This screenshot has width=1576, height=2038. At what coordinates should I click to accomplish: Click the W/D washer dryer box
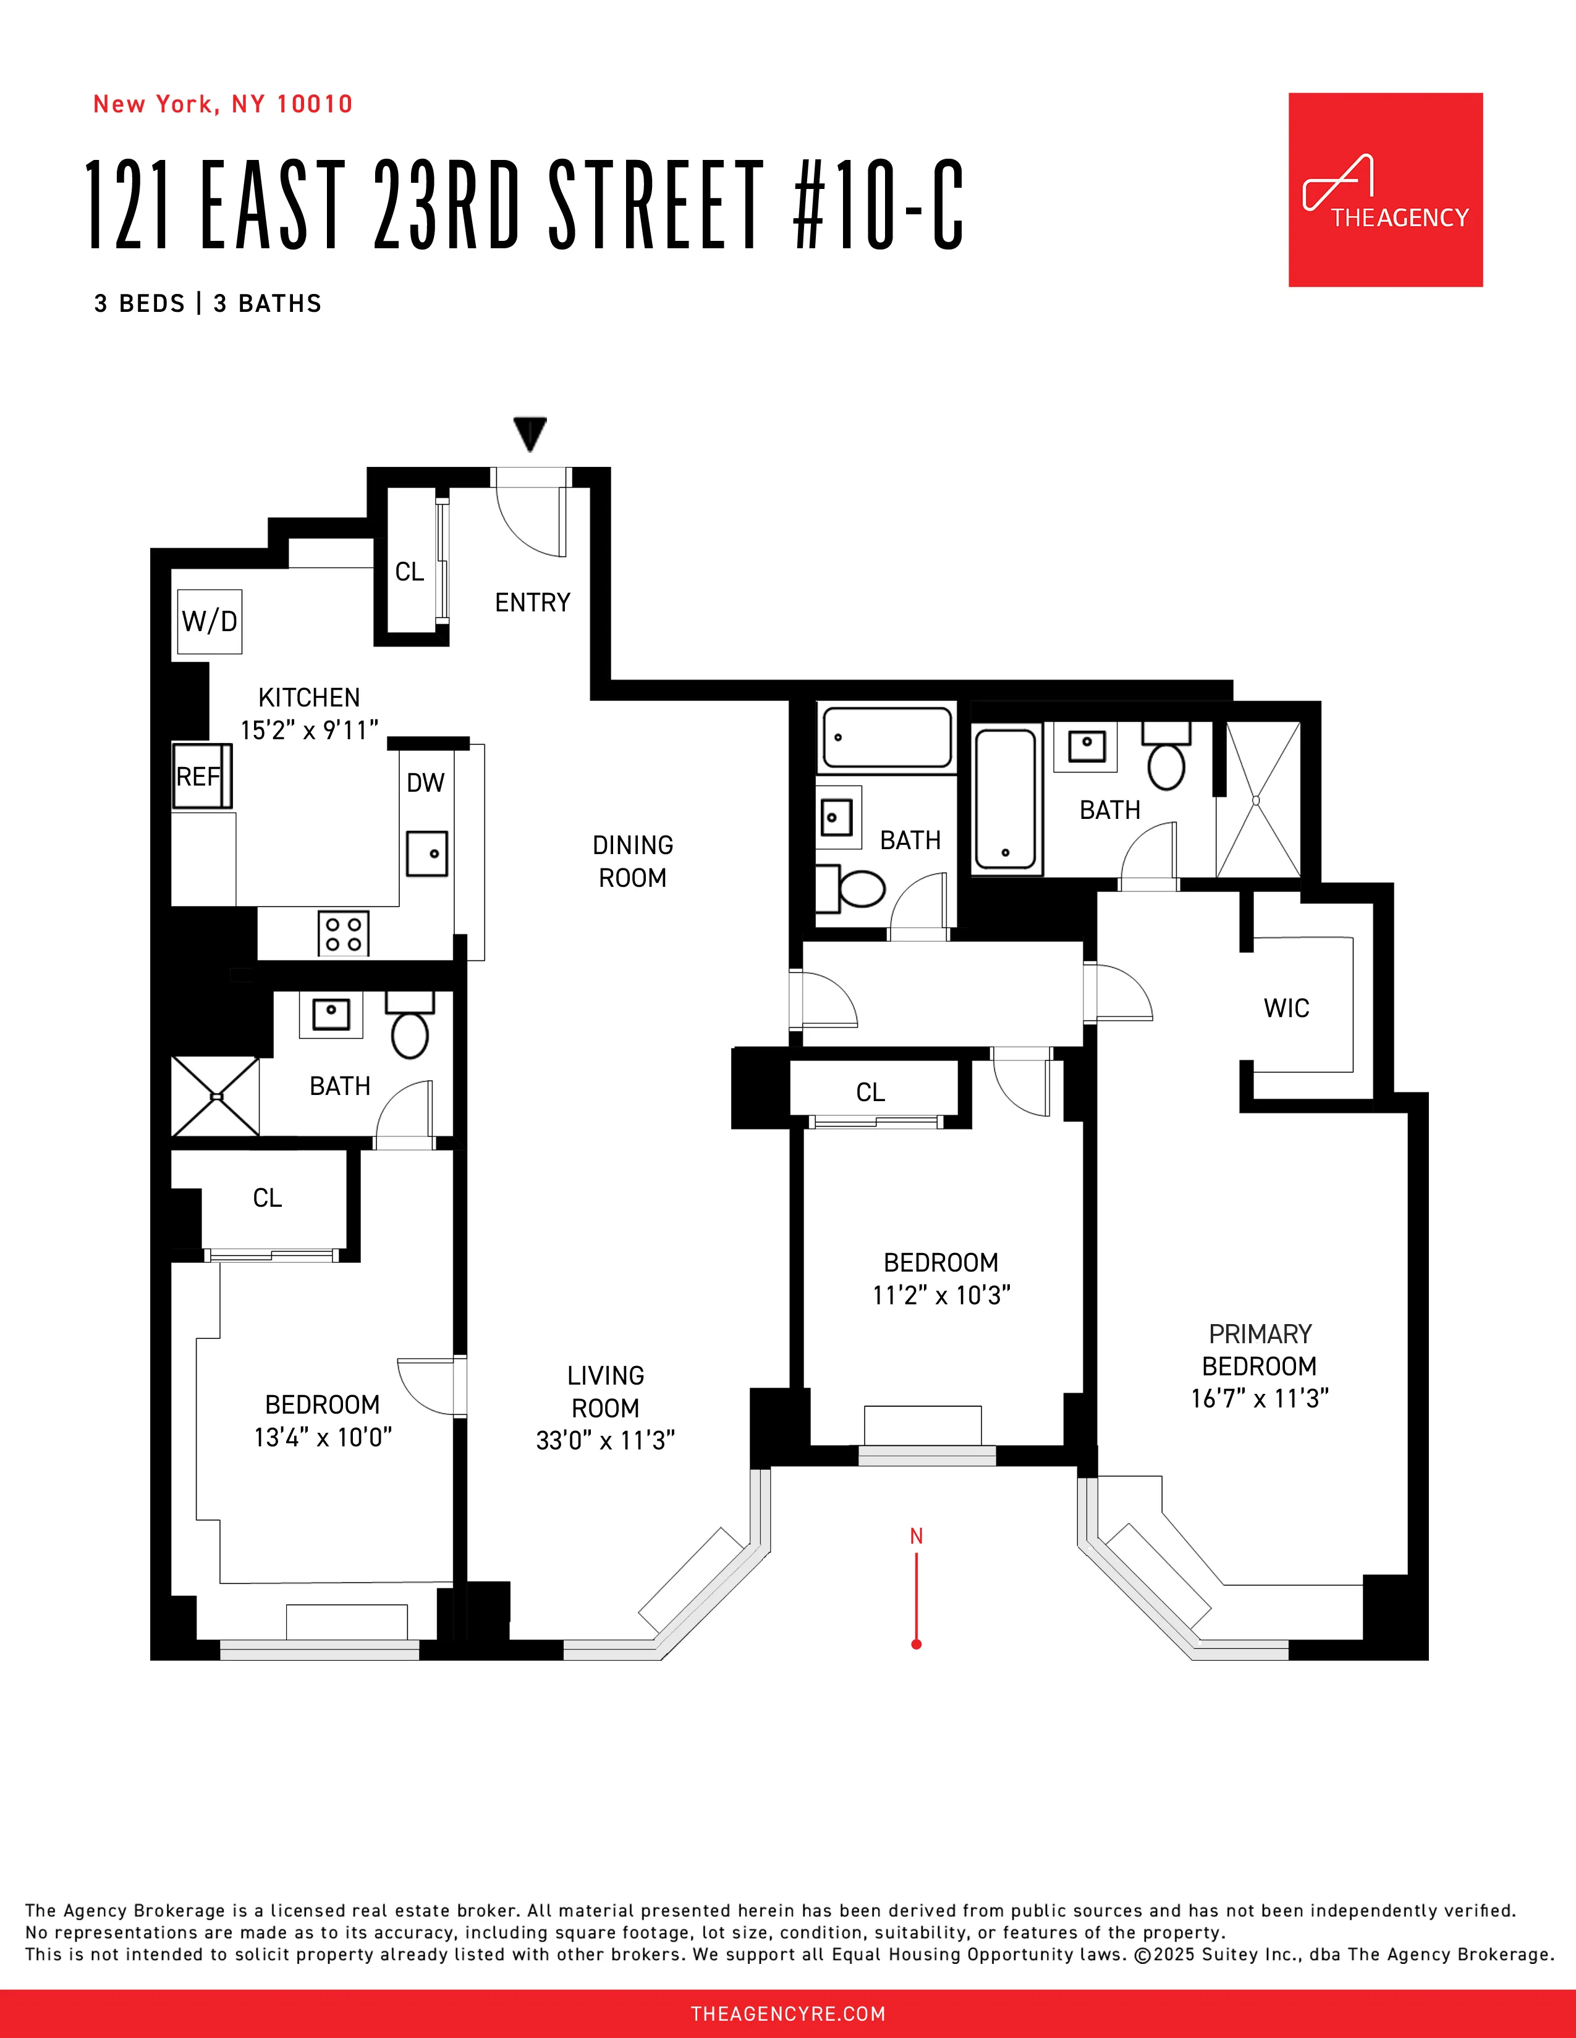point(209,621)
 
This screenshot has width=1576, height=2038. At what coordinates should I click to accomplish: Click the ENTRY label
point(532,603)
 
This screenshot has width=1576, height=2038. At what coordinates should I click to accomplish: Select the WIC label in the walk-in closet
point(1286,1008)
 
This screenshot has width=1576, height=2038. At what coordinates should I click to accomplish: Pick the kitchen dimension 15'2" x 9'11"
point(309,731)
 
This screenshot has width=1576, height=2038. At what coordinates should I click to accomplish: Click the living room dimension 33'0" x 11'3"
point(605,1441)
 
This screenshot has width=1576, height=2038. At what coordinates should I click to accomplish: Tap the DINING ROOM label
point(632,862)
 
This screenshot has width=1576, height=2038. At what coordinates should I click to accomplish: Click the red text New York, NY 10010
point(222,104)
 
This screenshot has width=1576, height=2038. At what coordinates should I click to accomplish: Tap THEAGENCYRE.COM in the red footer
point(787,2014)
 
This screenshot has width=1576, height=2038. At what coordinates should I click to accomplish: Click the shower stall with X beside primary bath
point(1256,800)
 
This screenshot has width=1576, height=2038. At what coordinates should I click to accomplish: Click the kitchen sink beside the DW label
point(426,853)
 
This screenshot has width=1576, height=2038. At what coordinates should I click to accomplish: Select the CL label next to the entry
point(409,572)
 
